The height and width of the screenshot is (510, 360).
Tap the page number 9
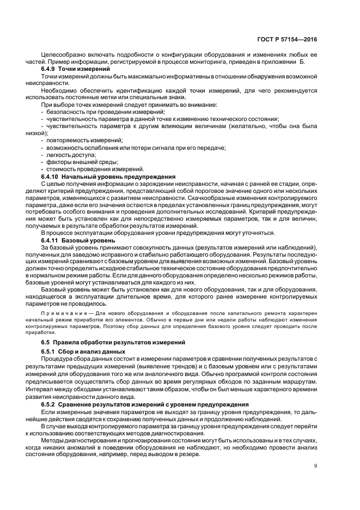315,465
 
